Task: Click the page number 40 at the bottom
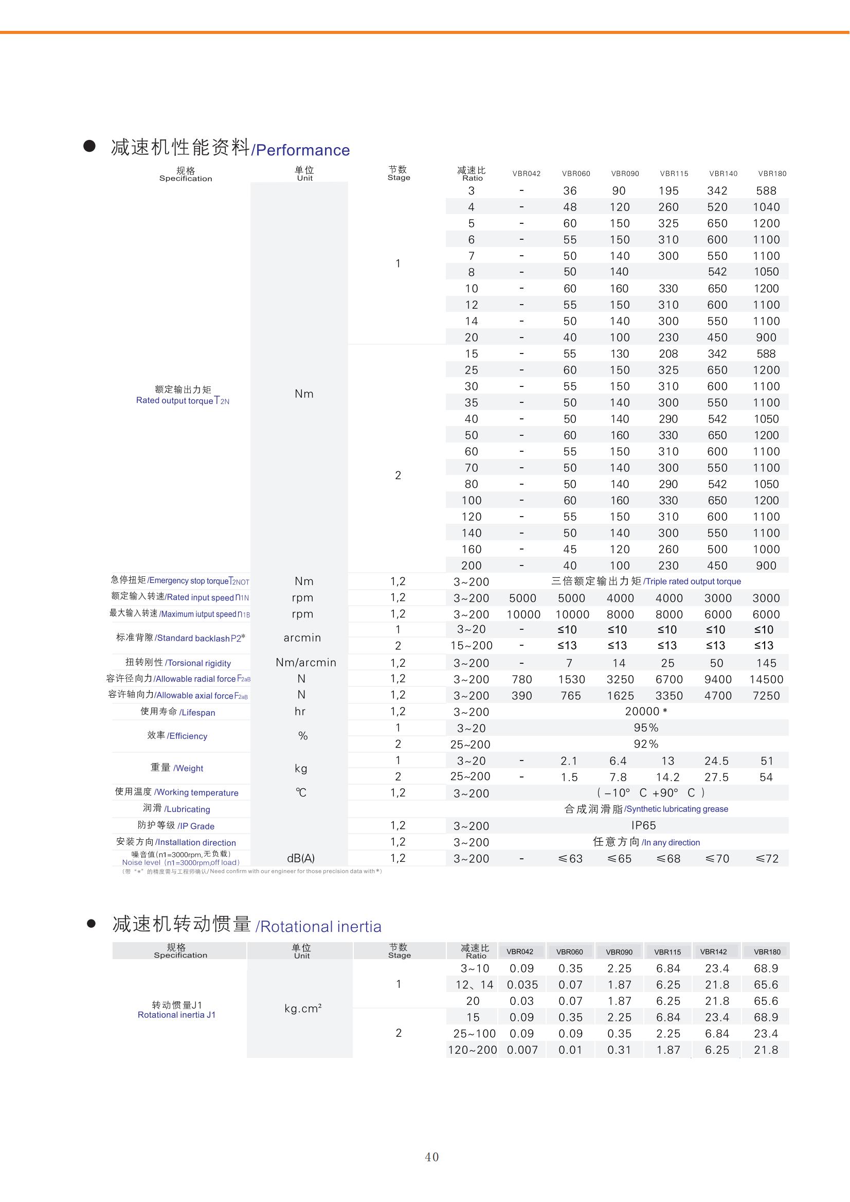[x=432, y=1156]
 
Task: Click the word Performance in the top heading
[x=302, y=150]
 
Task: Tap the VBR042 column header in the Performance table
[x=526, y=174]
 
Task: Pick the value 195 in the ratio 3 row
[x=668, y=191]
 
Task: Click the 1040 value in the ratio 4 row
[x=766, y=207]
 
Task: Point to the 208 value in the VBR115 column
[x=668, y=354]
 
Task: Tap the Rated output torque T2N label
[x=182, y=401]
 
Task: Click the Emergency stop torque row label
[x=179, y=580]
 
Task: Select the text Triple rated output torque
[x=692, y=581]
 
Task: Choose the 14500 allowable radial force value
[x=766, y=680]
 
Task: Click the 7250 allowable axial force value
[x=766, y=696]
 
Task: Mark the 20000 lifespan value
[x=642, y=712]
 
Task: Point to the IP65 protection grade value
[x=643, y=826]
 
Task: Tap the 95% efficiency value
[x=646, y=728]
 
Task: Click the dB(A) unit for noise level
[x=301, y=858]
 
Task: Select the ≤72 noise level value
[x=767, y=859]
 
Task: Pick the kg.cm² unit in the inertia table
[x=302, y=1009]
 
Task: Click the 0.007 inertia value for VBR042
[x=522, y=1050]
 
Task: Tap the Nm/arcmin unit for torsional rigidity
[x=305, y=663]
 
